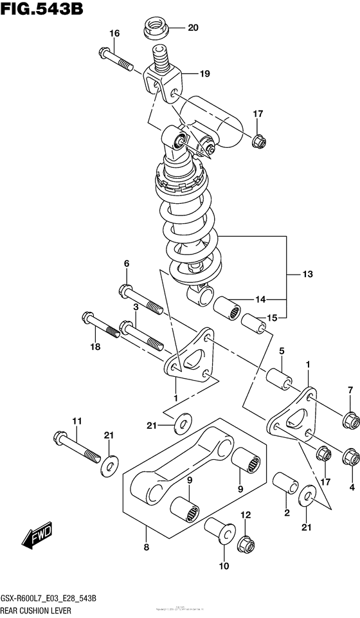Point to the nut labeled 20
[156, 28]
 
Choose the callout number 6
[127, 264]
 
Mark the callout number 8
[146, 548]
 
